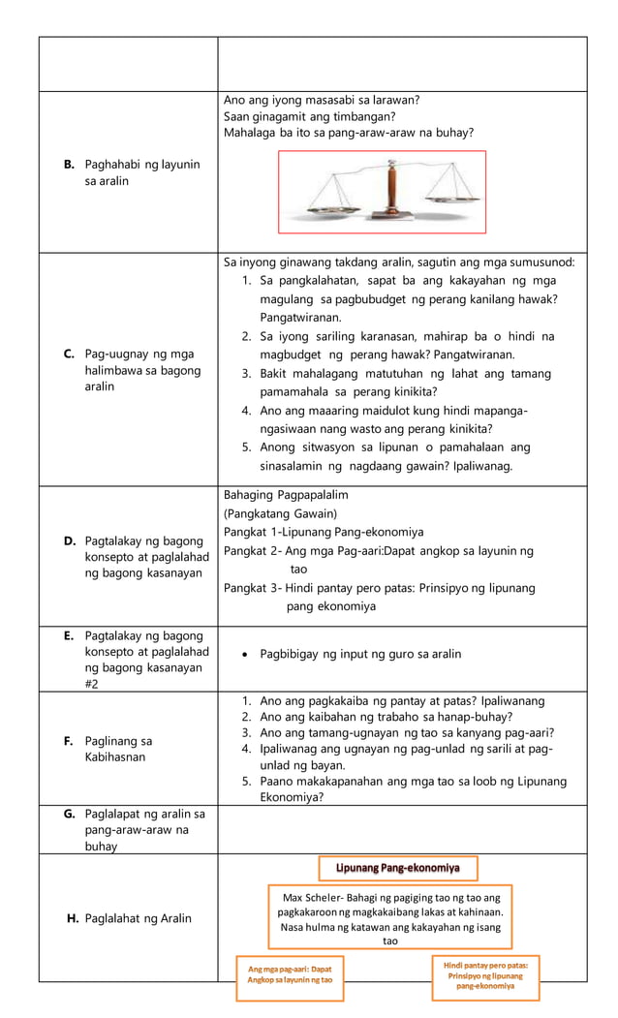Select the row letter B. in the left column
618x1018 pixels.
pyautogui.click(x=70, y=165)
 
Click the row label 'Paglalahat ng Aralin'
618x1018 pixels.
pyautogui.click(x=138, y=918)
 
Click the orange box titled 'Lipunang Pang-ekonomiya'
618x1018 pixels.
pyautogui.click(x=397, y=867)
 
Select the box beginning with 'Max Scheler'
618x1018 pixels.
pyautogui.click(x=389, y=916)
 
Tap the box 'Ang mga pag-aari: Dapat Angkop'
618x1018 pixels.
pyautogui.click(x=290, y=974)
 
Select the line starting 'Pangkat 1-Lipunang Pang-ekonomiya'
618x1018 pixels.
pyautogui.click(x=324, y=532)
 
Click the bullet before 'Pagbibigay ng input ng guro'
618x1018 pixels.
pyautogui.click(x=248, y=655)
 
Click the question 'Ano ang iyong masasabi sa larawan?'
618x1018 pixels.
pyautogui.click(x=322, y=100)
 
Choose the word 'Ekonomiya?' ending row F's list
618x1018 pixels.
pyautogui.click(x=292, y=797)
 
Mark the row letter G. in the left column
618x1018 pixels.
pyautogui.click(x=70, y=815)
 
